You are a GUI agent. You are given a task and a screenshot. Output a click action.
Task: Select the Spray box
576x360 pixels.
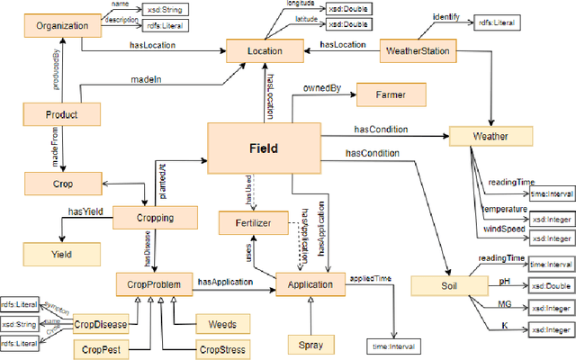309,343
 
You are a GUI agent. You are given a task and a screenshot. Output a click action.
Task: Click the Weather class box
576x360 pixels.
490,137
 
